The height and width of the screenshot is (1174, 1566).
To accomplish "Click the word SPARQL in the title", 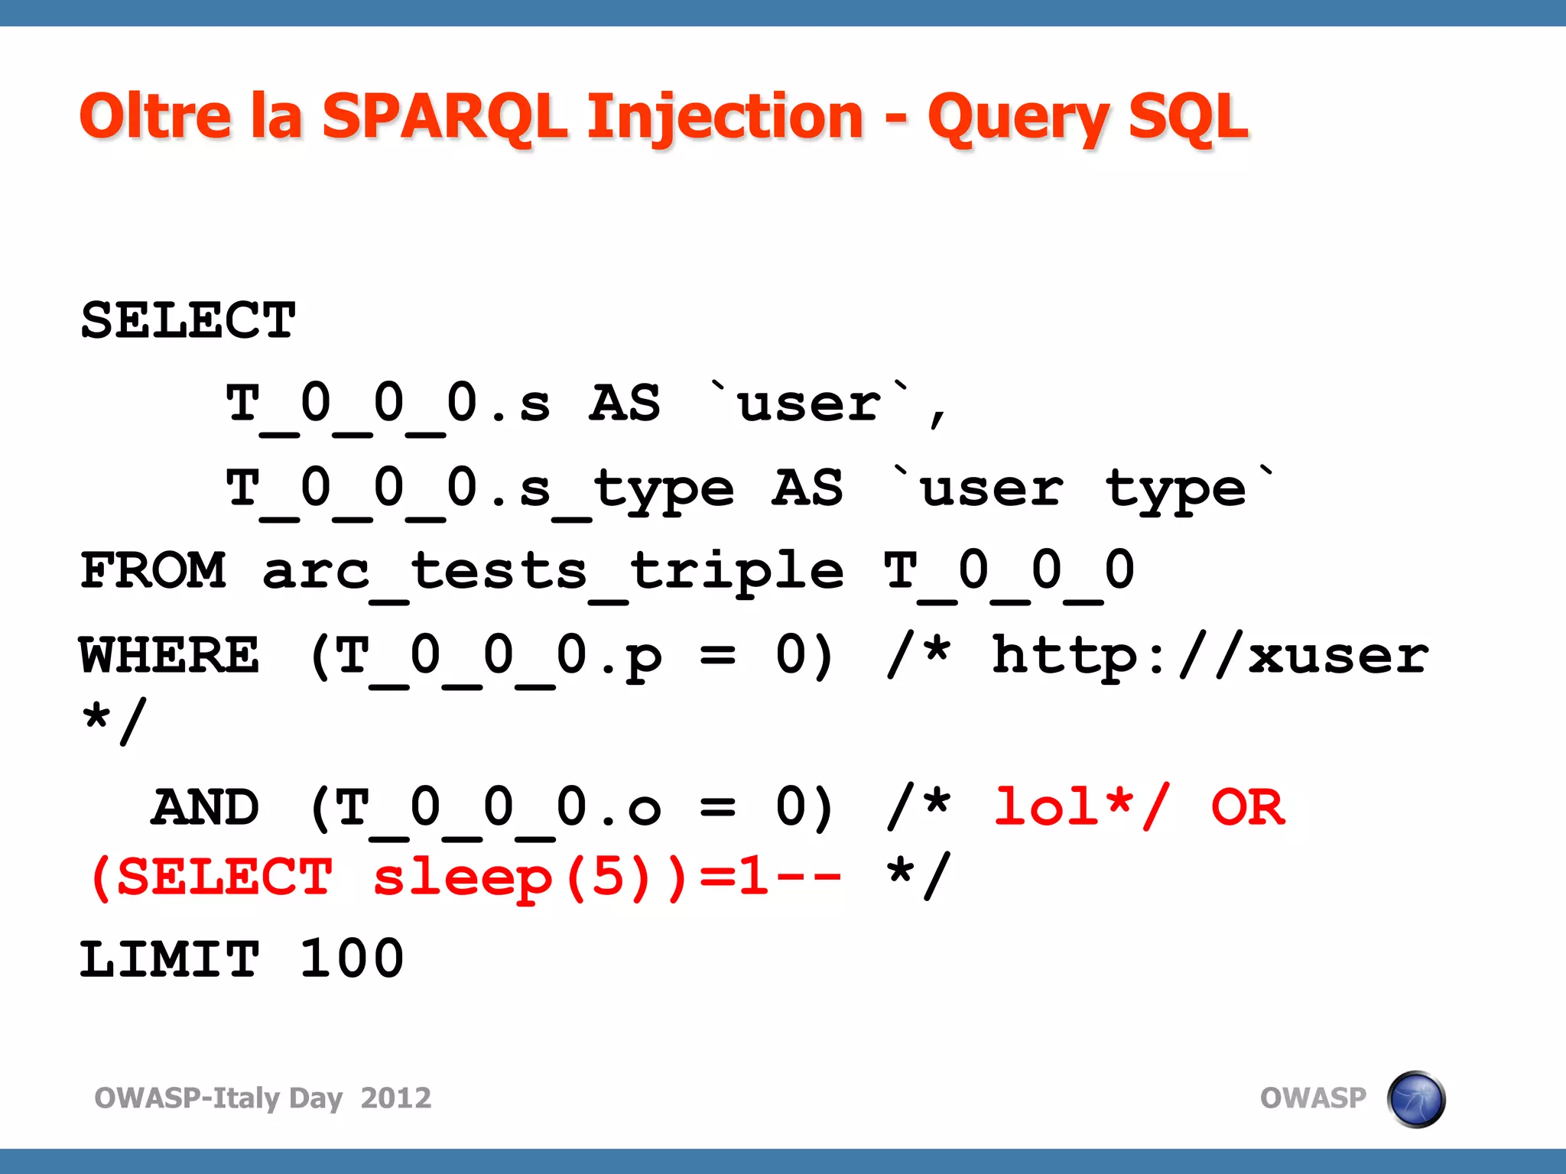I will (443, 116).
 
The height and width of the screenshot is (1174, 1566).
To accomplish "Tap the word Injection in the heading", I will (725, 118).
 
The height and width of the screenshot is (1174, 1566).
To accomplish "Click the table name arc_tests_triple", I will (553, 572).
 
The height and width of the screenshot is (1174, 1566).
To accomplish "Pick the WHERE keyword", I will (169, 655).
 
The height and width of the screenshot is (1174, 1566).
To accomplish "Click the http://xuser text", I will (1210, 655).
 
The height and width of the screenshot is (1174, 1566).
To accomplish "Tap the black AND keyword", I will (205, 808).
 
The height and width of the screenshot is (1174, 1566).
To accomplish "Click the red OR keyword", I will (1248, 808).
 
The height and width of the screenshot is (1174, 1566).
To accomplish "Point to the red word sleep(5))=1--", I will (607, 877).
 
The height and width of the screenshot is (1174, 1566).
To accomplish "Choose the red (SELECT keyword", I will (210, 877).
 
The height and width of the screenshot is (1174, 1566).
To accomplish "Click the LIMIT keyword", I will (169, 959).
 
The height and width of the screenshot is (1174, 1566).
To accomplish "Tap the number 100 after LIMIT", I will (351, 959).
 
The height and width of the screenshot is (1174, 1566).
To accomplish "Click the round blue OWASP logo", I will (1415, 1099).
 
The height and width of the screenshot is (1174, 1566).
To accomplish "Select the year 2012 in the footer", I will (395, 1098).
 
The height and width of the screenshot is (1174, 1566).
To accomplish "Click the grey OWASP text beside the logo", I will (1312, 1098).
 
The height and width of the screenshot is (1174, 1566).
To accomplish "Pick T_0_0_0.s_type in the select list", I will (480, 489).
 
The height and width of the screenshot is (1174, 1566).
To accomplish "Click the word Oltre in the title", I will (154, 116).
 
